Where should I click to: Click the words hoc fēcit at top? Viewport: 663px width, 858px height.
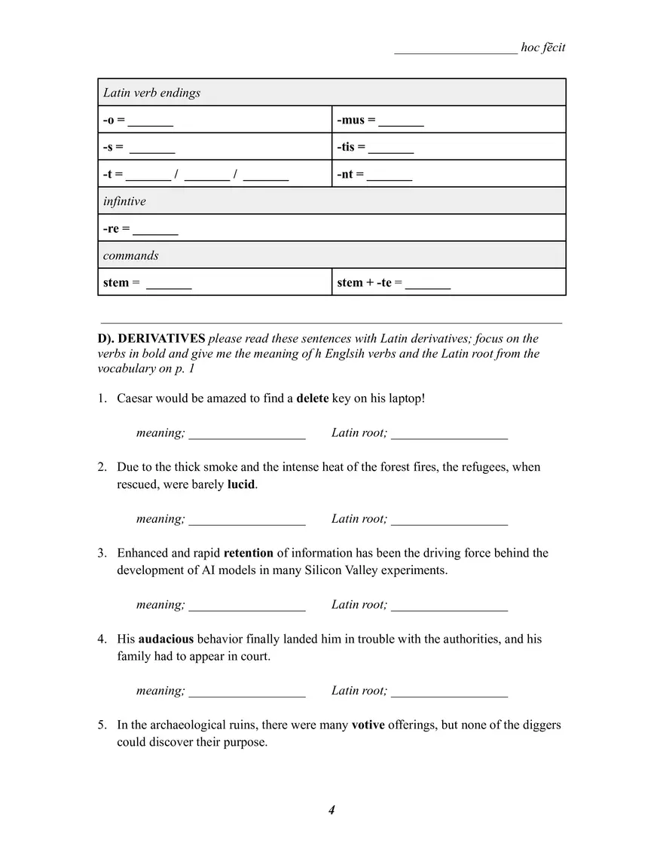click(x=542, y=47)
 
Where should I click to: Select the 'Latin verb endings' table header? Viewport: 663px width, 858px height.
click(x=152, y=93)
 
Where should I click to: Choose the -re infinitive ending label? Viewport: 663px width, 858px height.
click(x=112, y=228)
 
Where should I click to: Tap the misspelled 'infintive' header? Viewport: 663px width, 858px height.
click(x=124, y=201)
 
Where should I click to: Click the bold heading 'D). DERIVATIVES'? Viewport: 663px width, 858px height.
click(x=151, y=338)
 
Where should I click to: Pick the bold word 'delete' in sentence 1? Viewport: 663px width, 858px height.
click(x=312, y=398)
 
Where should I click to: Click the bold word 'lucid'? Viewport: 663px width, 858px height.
click(x=241, y=484)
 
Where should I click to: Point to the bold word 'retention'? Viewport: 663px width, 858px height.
click(x=248, y=553)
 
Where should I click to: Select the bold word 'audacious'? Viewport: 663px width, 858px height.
click(x=166, y=639)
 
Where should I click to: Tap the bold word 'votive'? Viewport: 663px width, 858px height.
click(x=368, y=725)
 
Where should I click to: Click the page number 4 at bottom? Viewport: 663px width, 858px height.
click(x=331, y=810)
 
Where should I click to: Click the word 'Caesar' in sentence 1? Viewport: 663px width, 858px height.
click(x=136, y=398)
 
